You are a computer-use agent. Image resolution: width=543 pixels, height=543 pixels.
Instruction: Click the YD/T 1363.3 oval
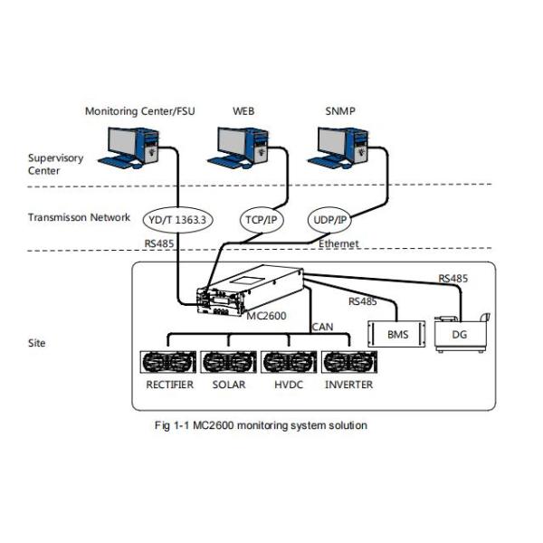coord(174,218)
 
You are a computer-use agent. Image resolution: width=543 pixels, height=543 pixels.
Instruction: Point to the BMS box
coord(397,334)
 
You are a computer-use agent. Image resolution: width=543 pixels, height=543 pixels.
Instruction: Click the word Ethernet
coord(339,244)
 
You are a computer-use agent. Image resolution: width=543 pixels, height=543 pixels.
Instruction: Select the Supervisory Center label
coord(55,164)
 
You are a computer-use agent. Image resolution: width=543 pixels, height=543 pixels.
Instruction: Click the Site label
coord(37,344)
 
